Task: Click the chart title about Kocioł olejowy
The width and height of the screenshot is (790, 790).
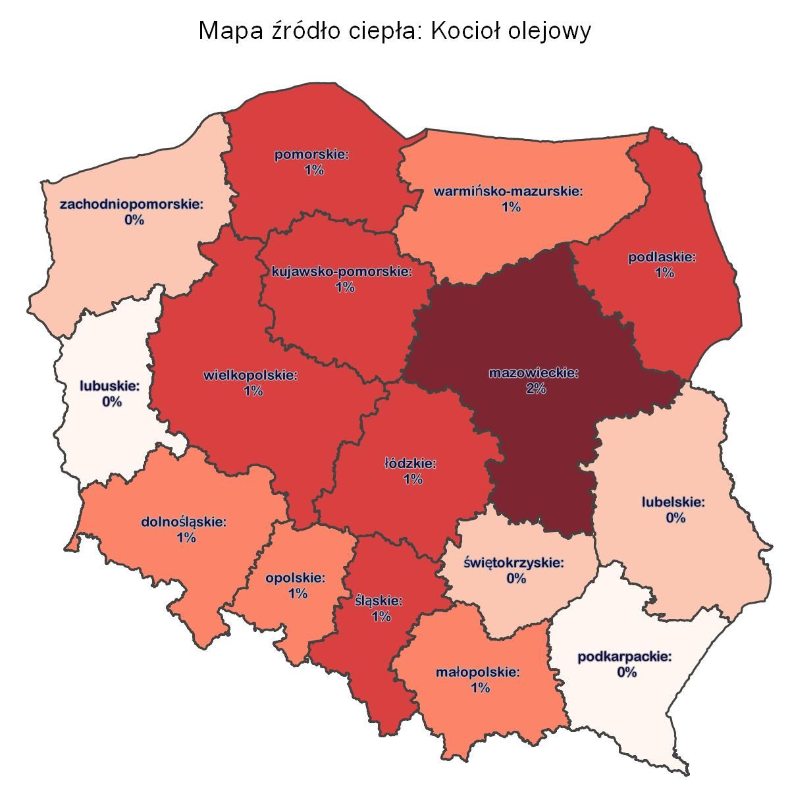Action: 395,31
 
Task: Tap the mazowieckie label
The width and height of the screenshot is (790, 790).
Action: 533,373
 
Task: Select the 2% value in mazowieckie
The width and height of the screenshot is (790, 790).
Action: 535,388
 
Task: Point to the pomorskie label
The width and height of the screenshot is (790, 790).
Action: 311,155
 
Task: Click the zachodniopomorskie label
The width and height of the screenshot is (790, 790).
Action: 132,204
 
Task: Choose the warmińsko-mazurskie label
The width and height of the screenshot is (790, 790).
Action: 509,192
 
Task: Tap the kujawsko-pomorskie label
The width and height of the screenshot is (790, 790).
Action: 342,272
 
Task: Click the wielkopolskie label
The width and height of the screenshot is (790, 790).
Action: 251,375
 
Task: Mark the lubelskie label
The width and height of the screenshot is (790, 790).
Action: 673,502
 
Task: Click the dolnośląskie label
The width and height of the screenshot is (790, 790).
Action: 184,522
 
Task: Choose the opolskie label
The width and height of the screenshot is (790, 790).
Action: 296,578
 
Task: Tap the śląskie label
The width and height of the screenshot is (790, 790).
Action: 379,601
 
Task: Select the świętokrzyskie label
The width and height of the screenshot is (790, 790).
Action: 514,563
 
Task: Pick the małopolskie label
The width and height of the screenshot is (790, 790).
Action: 478,673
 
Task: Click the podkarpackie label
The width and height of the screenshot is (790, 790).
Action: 625,657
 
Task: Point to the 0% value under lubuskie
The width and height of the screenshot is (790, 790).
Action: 112,402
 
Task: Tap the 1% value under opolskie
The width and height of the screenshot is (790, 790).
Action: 298,594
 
